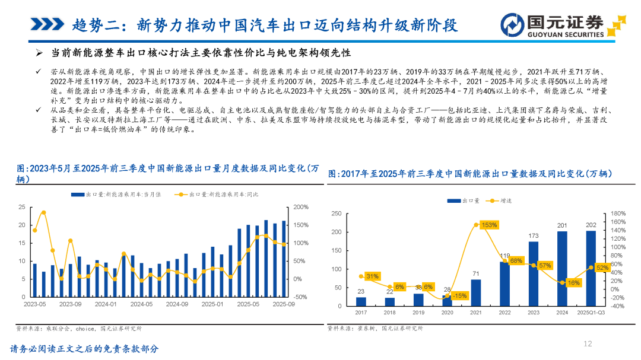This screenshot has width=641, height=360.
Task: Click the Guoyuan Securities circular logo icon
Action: (512, 25)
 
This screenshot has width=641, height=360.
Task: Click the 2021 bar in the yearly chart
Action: (476, 292)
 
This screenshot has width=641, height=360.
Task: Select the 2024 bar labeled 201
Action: (562, 269)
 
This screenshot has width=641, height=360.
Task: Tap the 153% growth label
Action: (489, 225)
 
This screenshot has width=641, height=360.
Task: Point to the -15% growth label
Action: (459, 295)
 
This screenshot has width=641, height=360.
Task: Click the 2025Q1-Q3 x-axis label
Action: (591, 313)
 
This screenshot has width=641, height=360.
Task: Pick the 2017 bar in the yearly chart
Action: (361, 301)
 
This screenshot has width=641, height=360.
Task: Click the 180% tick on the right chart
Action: (618, 214)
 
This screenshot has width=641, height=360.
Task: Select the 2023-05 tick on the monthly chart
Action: (35, 304)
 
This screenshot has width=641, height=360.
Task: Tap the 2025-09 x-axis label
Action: (284, 304)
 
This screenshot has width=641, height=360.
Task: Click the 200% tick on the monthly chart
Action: (301, 207)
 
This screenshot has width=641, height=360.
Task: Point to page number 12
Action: (588, 343)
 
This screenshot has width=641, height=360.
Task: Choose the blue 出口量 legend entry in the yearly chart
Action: (463, 200)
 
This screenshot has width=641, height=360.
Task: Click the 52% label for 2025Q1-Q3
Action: (602, 267)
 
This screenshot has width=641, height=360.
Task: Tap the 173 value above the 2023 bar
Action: (534, 236)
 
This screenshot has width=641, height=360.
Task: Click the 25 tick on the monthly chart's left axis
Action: (22, 207)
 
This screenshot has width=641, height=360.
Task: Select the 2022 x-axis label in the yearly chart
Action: (504, 313)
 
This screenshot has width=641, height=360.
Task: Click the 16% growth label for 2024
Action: (573, 283)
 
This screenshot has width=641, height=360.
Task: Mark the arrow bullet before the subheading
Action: (39, 53)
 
